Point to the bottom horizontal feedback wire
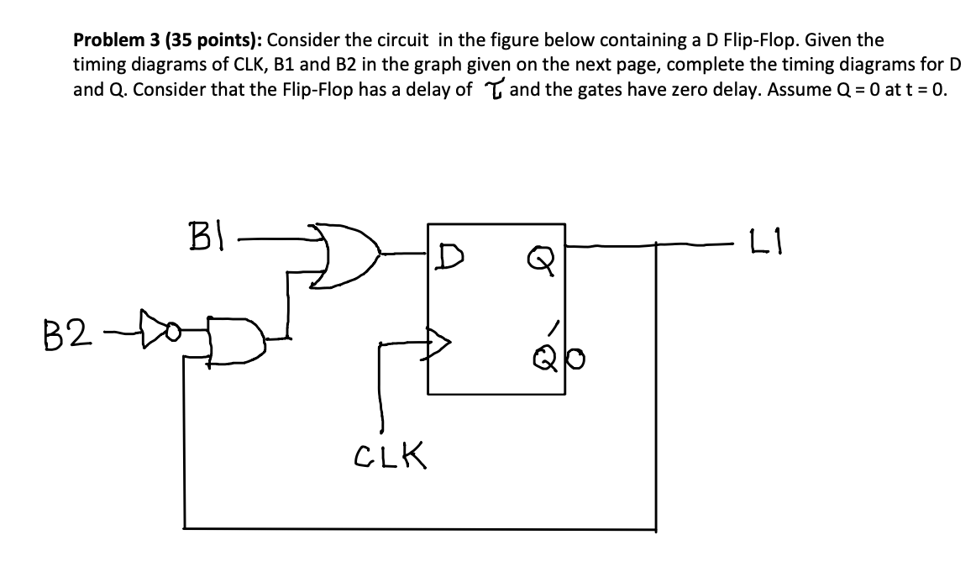click(420, 528)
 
